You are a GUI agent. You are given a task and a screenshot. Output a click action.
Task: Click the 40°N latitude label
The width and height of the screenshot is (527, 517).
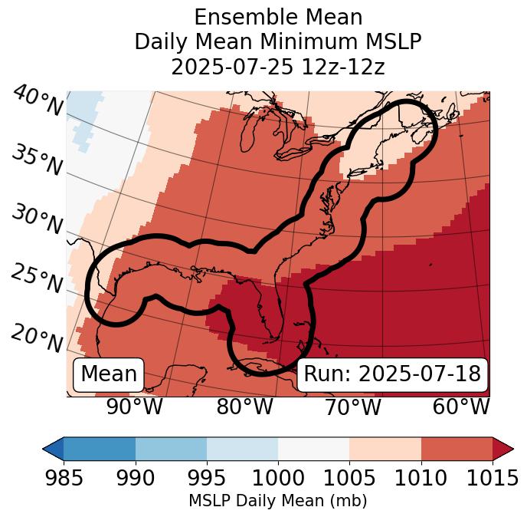click(37, 101)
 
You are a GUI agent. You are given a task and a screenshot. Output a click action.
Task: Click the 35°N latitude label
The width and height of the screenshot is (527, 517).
click(37, 160)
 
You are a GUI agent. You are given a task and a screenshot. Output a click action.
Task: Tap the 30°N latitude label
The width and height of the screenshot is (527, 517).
click(37, 220)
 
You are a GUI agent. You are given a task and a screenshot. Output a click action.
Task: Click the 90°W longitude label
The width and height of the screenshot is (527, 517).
click(134, 407)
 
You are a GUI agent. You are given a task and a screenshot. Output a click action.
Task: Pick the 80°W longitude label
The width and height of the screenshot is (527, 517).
click(244, 407)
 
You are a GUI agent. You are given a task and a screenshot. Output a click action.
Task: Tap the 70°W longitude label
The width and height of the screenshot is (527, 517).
click(352, 407)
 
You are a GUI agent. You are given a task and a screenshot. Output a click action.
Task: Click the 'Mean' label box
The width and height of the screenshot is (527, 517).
click(109, 374)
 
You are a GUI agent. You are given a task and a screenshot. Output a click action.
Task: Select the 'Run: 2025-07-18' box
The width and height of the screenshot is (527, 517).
click(392, 374)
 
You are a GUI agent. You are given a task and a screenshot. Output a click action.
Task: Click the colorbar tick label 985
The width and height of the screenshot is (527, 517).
click(64, 479)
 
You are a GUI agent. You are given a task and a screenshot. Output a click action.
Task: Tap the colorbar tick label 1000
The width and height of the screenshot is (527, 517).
click(278, 479)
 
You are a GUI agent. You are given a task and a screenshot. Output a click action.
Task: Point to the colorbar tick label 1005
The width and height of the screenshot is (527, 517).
click(349, 479)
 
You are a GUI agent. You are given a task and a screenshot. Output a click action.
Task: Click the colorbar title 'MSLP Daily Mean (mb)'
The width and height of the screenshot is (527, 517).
click(277, 501)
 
